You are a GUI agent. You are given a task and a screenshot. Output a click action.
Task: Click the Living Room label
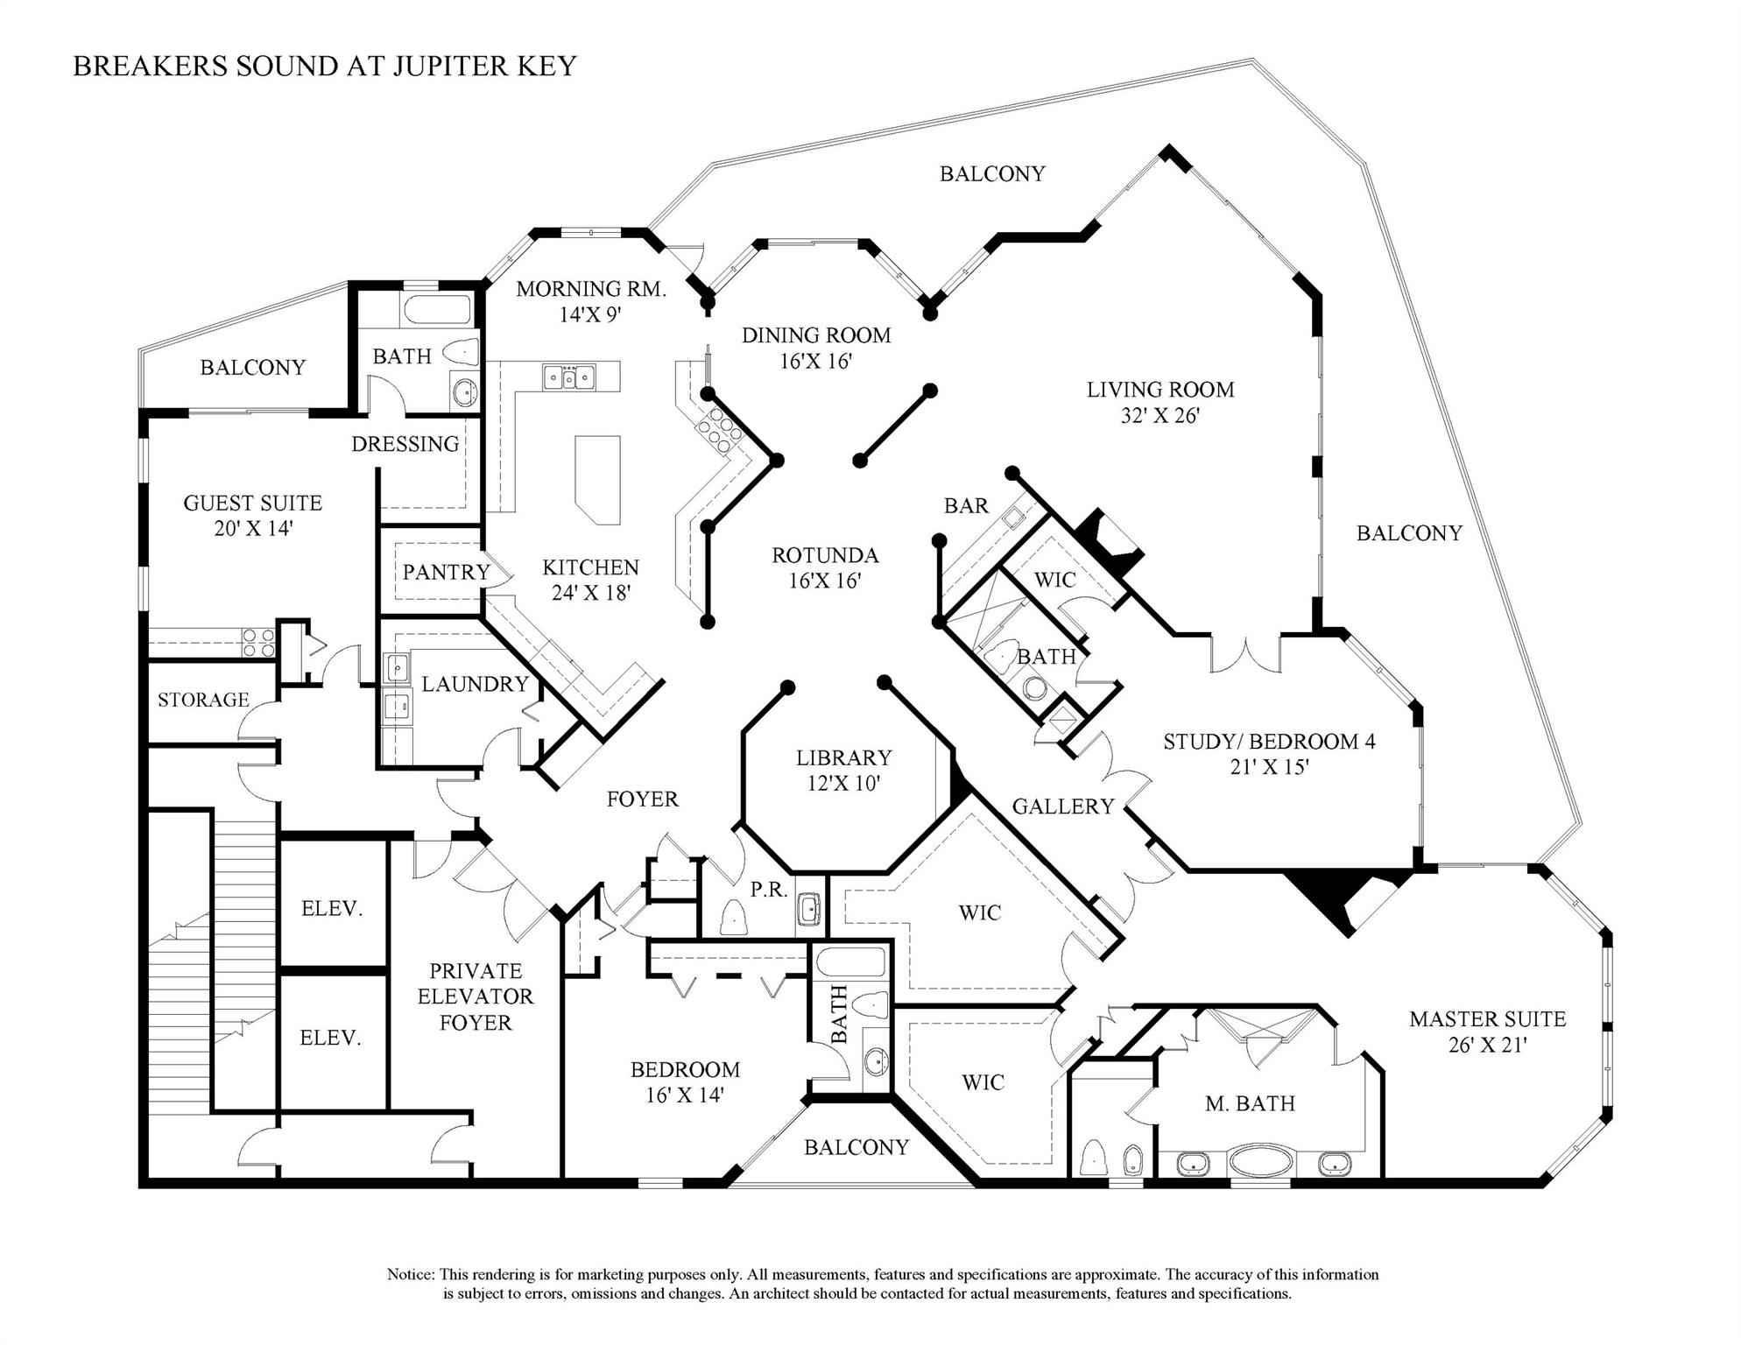tap(1159, 390)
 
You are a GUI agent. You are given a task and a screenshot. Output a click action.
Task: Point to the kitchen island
tap(598, 478)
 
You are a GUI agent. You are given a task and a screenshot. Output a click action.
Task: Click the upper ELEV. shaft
tap(332, 908)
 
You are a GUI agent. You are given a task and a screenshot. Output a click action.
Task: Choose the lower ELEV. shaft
tap(330, 1038)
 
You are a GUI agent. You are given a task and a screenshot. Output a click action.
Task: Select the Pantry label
tap(446, 572)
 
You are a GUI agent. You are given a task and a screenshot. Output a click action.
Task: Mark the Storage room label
tap(203, 700)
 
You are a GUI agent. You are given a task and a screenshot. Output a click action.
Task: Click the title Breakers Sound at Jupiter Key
tap(324, 67)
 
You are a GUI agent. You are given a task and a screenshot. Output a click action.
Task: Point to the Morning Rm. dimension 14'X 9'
tap(590, 314)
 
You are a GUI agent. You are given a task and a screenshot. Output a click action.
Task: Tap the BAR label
tap(966, 505)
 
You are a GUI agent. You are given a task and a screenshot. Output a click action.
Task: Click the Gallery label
tap(1062, 806)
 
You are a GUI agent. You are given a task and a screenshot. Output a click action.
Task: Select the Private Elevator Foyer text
tap(475, 996)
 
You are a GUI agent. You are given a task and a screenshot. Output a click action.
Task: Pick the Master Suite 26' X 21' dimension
tap(1487, 1045)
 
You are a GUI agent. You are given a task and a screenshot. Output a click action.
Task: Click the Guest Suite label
tap(252, 503)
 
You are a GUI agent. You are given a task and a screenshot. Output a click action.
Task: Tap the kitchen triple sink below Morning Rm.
tap(568, 377)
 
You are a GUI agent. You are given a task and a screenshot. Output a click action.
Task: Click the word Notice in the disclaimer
tap(410, 1274)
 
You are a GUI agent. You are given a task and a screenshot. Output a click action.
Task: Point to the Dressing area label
tap(405, 444)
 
